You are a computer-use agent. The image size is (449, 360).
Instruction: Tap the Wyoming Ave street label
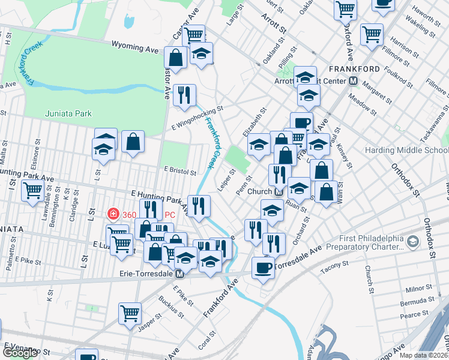pos(136,46)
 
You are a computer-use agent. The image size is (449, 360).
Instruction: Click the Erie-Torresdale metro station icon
pos(179,274)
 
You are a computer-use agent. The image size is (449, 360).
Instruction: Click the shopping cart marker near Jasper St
pos(130,313)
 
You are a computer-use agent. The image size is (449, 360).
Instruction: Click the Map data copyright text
pos(424,355)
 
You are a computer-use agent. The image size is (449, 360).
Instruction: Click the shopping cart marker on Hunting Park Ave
pos(32,191)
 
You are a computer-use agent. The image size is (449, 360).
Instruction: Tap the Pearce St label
pos(414,314)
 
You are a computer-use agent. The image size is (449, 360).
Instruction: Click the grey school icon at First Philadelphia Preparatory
pos(412,241)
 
